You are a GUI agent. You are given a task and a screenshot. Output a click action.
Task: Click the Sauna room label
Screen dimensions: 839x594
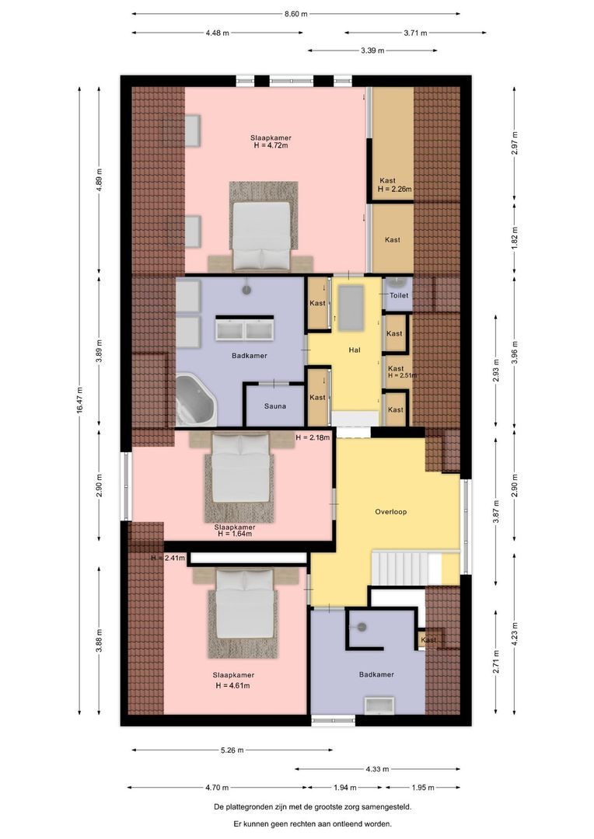[x=274, y=406]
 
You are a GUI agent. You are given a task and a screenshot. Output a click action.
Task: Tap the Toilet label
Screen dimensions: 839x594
[x=399, y=296]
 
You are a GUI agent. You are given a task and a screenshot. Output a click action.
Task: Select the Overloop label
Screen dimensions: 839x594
[x=390, y=512]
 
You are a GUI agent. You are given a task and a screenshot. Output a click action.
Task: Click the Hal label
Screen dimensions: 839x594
[x=355, y=350]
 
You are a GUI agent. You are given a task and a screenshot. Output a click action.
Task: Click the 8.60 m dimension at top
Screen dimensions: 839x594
[x=296, y=14]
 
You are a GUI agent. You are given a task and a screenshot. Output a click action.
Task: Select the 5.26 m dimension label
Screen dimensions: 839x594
[x=232, y=750]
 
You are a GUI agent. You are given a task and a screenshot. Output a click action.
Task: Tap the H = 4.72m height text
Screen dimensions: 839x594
[x=271, y=145]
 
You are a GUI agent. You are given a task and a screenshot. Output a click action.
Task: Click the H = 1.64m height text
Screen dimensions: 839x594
[x=235, y=534]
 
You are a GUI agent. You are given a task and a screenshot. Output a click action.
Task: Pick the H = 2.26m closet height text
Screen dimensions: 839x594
[x=394, y=189]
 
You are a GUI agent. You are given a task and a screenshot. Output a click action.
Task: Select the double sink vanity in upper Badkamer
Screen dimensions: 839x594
[x=246, y=329]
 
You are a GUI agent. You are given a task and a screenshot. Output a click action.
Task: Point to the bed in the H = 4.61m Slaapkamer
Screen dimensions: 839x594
[x=243, y=611]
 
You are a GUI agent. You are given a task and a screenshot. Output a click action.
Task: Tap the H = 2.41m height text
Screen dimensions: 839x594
[x=167, y=558]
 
